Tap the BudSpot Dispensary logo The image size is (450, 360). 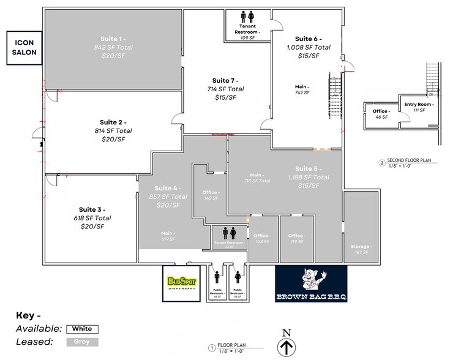(182, 283)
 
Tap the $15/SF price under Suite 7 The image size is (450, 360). (227, 97)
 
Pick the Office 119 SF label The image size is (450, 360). (296, 238)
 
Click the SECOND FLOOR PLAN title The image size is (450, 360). (407, 160)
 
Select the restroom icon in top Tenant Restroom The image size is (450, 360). (248, 18)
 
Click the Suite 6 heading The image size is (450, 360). (308, 38)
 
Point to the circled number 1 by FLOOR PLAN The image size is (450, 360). (212, 348)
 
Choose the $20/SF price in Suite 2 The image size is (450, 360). (113, 139)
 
